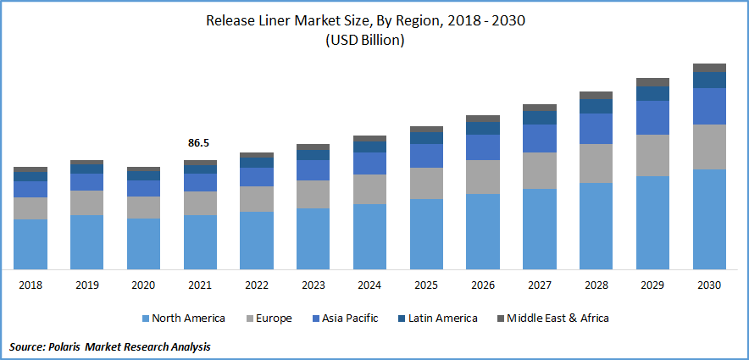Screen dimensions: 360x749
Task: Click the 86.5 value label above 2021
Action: [198, 144]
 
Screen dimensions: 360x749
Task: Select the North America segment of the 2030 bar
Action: [709, 219]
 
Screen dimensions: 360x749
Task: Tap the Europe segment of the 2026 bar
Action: [483, 177]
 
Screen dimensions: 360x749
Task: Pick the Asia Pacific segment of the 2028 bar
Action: [596, 129]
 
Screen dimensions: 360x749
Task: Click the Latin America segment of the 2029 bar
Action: [652, 93]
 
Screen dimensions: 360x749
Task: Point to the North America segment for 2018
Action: [31, 244]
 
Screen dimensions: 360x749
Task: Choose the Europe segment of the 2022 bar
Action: [257, 198]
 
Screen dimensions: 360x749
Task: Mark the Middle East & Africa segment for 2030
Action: [709, 68]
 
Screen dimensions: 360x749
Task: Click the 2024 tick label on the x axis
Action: [369, 286]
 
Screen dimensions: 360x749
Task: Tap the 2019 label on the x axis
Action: [86, 286]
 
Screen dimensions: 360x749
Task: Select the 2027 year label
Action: [539, 286]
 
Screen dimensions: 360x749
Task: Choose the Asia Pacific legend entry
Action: [344, 318]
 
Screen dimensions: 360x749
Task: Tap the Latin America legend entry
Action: [439, 318]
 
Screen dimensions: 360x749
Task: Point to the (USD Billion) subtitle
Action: [366, 40]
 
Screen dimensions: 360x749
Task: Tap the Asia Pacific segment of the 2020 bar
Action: [143, 188]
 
